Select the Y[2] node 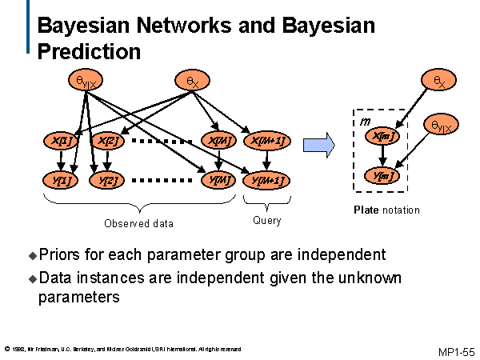tap(108, 180)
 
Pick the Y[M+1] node tap(266, 180)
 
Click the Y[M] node tap(219, 180)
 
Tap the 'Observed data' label tap(138, 223)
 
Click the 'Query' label tap(266, 220)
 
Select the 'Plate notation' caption tap(386, 210)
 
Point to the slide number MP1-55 tap(456, 352)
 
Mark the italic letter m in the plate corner tap(364, 120)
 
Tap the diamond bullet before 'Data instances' tap(33, 278)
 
